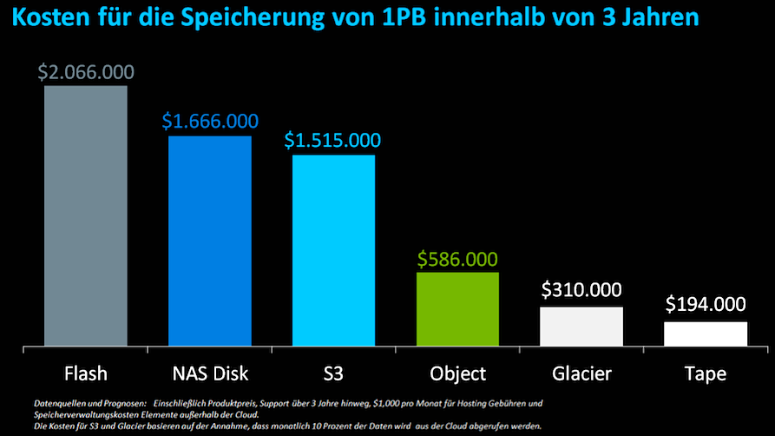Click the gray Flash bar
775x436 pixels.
86,216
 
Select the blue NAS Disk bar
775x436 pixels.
210,241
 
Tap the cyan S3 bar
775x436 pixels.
333,251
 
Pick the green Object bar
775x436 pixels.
457,310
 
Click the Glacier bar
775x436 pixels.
581,327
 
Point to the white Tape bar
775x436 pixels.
706,334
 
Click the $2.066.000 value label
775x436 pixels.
85,72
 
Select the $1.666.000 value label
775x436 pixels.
210,122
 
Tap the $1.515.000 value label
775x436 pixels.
333,141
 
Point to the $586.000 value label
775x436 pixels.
457,259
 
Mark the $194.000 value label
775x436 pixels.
706,304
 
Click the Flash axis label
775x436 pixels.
86,374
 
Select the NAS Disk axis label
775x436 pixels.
210,374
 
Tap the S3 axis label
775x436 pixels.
333,374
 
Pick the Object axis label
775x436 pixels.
457,374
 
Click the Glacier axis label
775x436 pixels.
581,374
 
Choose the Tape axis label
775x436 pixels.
706,374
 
